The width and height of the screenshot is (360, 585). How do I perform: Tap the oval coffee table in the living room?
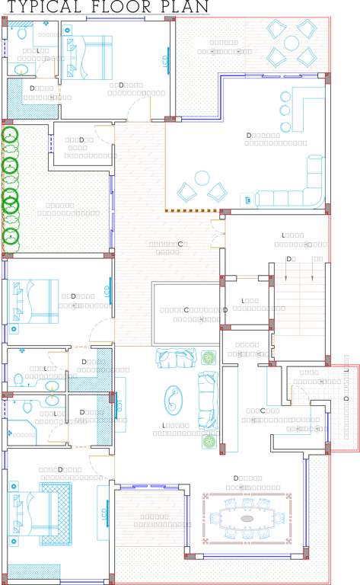click(174, 398)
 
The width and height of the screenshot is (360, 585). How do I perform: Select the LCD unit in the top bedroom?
click(165, 61)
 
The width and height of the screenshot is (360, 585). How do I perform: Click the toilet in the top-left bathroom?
click(22, 34)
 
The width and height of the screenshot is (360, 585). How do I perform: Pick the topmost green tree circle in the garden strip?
click(10, 136)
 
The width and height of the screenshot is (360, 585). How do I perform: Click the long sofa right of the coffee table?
click(207, 399)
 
